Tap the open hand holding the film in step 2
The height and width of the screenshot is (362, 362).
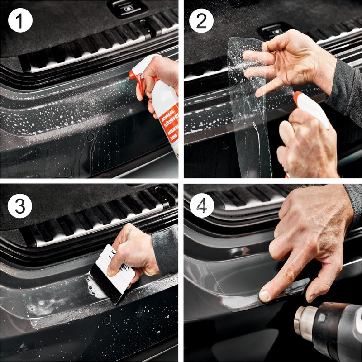click(290, 59)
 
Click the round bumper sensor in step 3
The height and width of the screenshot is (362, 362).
click(107, 319)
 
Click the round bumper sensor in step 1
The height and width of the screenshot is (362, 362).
click(90, 136)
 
